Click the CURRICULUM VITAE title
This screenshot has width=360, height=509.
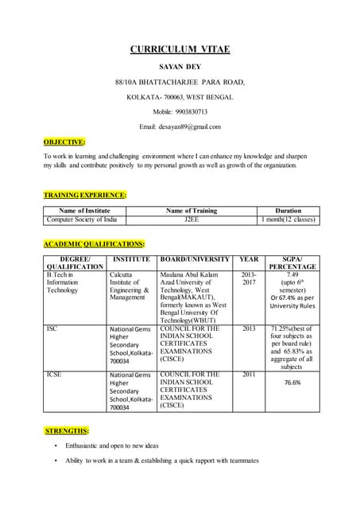tap(180, 49)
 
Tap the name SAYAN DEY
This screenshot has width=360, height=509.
tap(180, 68)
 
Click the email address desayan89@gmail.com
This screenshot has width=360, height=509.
tap(190, 126)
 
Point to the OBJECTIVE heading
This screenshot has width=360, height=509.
tap(64, 142)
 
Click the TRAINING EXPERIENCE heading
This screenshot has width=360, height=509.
tap(85, 195)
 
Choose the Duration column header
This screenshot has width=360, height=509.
tap(288, 211)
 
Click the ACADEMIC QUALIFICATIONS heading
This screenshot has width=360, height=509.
tap(94, 244)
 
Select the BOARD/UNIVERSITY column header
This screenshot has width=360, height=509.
tap(195, 259)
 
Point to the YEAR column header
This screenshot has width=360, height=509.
tap(249, 259)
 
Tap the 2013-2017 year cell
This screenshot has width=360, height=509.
tap(249, 278)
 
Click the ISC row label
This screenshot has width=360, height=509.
tap(52, 328)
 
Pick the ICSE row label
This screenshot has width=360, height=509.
tap(55, 373)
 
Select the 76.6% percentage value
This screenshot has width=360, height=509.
tap(292, 383)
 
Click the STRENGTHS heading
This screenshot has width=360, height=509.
tap(67, 431)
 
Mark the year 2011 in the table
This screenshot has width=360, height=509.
tap(249, 373)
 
